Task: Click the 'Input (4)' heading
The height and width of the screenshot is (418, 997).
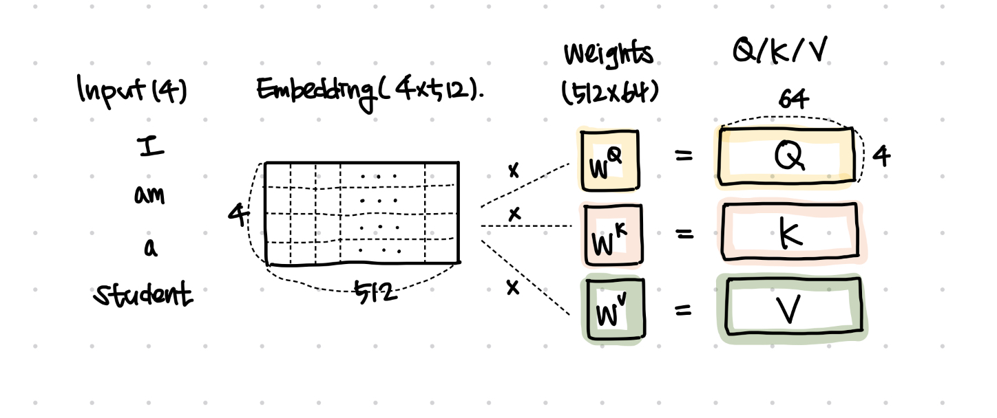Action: pyautogui.click(x=132, y=91)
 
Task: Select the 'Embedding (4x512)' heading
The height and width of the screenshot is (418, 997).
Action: pyautogui.click(x=370, y=90)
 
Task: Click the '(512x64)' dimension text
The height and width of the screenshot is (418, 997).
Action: pyautogui.click(x=609, y=93)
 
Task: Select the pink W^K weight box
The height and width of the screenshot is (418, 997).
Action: pyautogui.click(x=611, y=235)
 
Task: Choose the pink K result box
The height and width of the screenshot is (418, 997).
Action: pyautogui.click(x=790, y=232)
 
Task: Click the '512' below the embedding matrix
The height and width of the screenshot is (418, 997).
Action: pyautogui.click(x=376, y=293)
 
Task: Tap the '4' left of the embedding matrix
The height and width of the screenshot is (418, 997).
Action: pyautogui.click(x=238, y=216)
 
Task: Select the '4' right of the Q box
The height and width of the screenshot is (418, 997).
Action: pyautogui.click(x=881, y=157)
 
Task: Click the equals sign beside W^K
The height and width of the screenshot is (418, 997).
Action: pyautogui.click(x=683, y=234)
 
